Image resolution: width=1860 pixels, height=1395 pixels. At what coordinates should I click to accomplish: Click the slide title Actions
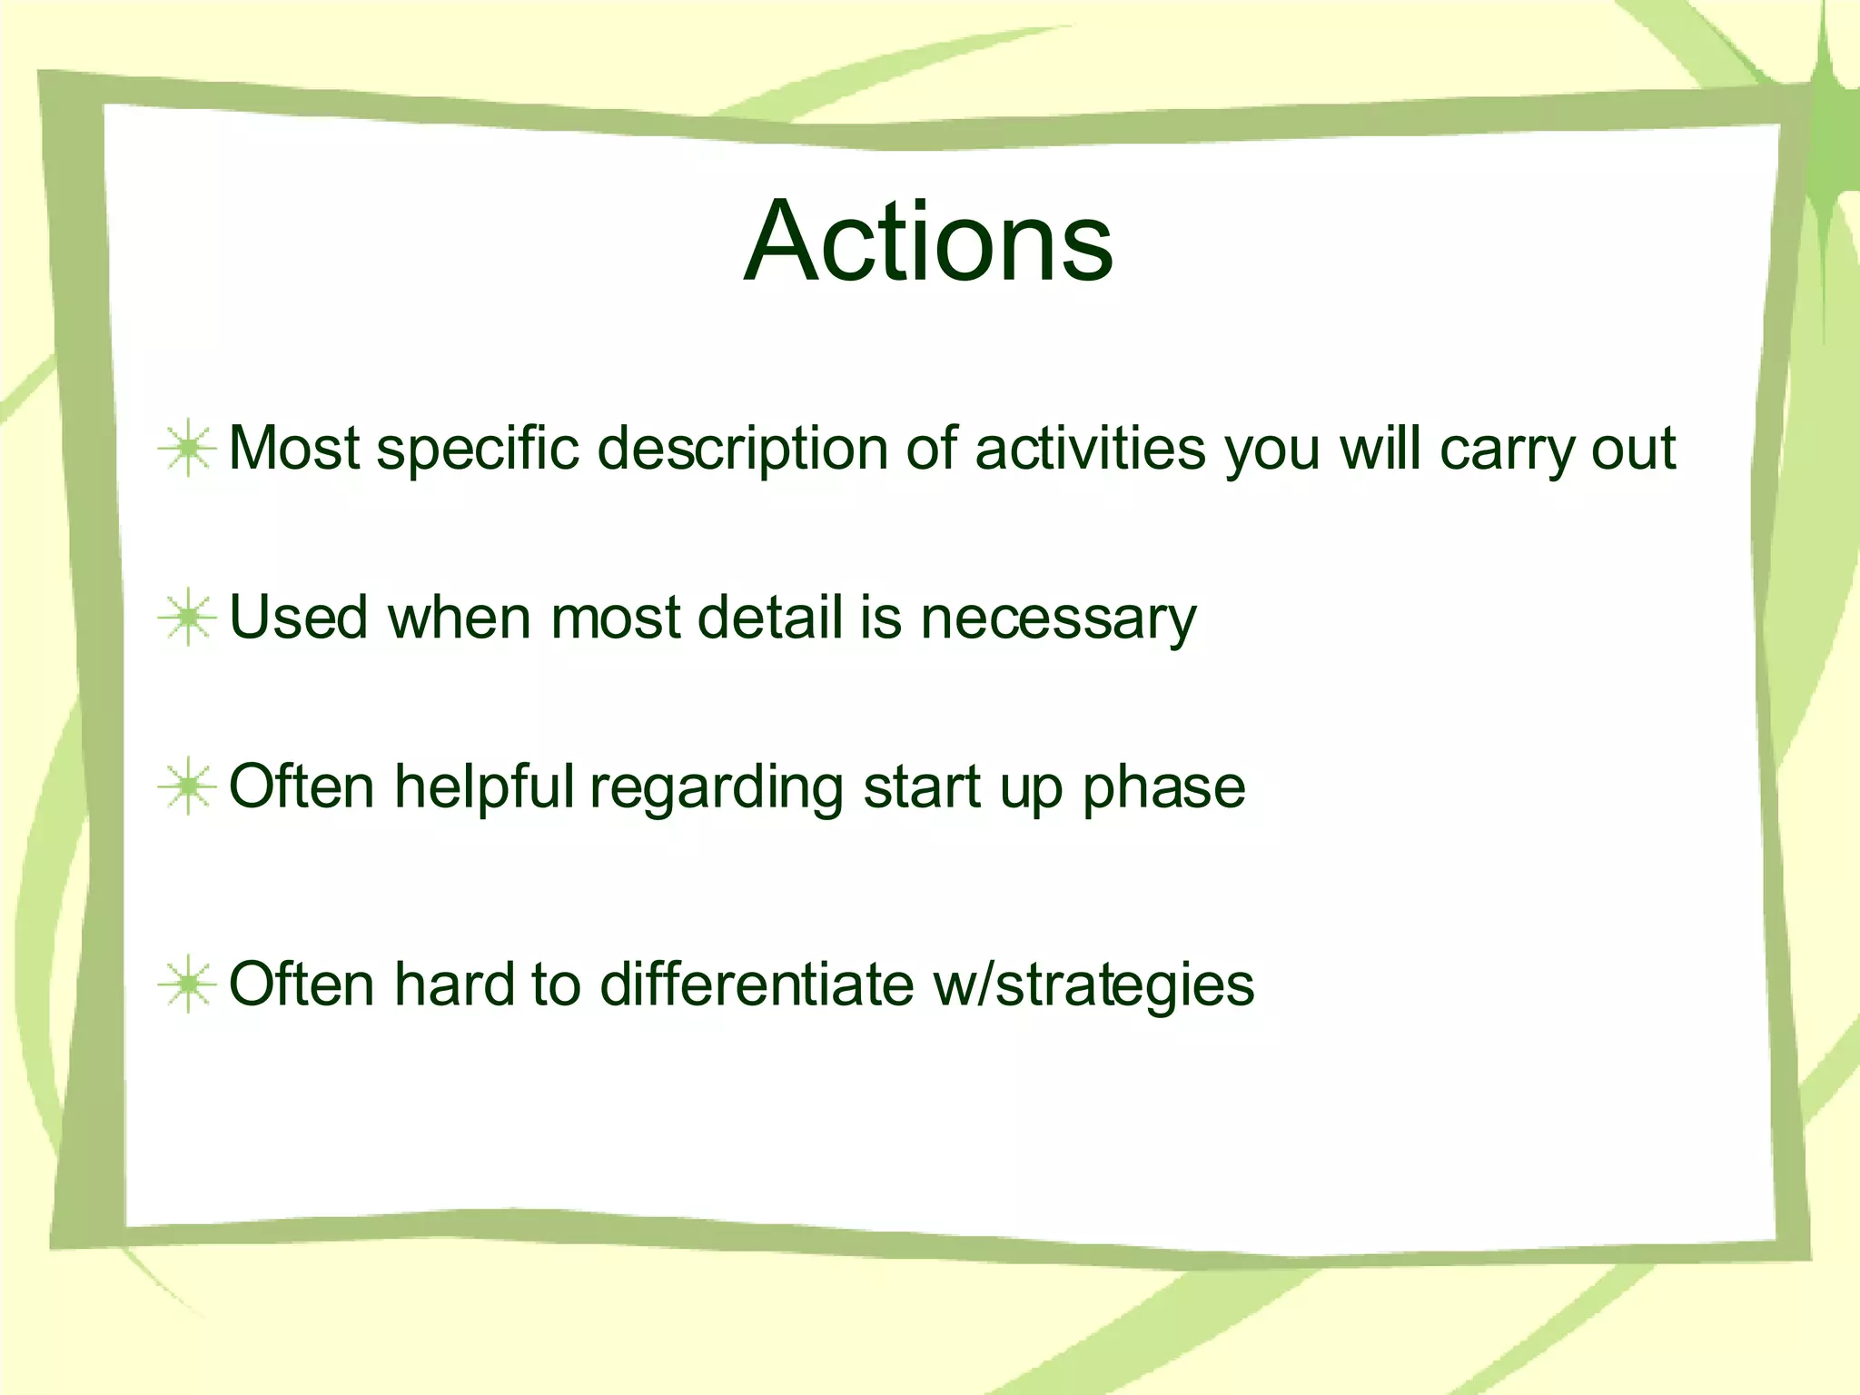(928, 242)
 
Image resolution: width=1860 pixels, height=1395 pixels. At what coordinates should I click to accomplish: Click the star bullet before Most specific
(187, 448)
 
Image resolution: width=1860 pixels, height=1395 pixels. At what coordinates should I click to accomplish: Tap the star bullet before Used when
(187, 618)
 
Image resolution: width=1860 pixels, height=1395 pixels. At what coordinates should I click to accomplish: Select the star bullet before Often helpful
(187, 787)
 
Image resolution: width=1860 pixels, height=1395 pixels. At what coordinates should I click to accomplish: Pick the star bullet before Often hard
(187, 984)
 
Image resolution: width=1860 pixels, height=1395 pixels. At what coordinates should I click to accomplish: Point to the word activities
(1090, 448)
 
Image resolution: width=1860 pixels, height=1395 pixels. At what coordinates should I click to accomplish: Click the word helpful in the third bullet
(484, 787)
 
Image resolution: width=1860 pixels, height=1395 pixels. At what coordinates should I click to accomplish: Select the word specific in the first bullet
(478, 450)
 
